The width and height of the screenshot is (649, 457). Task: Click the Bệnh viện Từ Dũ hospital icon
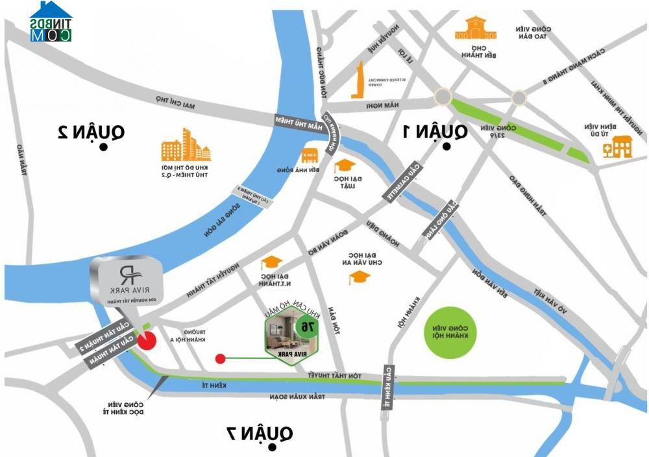point(617,147)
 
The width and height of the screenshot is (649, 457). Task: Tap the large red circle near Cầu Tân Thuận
point(147,340)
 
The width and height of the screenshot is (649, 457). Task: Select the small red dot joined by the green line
point(221,358)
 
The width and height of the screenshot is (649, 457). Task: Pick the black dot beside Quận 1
point(447,148)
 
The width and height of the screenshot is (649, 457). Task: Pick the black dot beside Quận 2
point(103,148)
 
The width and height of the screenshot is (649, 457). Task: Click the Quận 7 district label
point(260,432)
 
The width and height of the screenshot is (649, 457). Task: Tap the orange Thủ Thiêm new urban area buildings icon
point(186,145)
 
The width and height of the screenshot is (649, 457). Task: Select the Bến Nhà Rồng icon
point(310,156)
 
